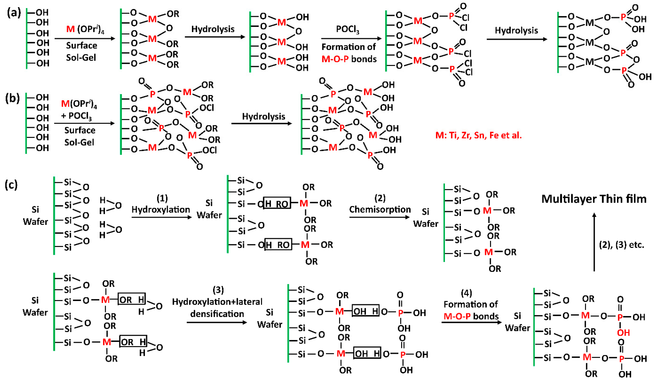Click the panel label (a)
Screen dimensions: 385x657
14,13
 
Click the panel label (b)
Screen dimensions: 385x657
12,98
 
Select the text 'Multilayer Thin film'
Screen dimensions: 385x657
594,199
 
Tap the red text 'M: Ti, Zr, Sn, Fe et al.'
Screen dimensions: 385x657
478,135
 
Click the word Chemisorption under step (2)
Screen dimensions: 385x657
380,209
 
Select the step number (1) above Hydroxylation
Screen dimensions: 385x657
162,199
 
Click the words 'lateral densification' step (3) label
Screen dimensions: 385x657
217,308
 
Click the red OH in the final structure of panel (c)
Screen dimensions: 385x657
623,333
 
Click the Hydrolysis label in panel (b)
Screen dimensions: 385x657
263,116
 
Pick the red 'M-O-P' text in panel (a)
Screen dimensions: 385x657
335,59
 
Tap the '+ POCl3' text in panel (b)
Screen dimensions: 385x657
76,115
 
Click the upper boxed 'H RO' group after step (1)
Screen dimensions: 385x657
277,203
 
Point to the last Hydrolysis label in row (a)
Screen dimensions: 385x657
516,30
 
